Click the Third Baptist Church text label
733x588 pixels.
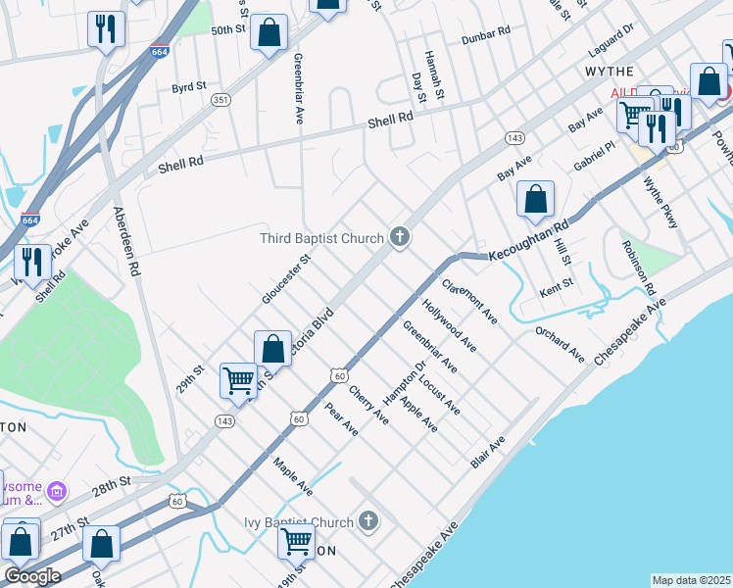[321, 238]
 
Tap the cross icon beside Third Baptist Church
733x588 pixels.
[399, 237]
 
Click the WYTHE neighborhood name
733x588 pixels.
[610, 72]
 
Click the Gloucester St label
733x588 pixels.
[285, 279]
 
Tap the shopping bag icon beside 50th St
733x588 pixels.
[269, 33]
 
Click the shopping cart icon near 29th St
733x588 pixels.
[239, 380]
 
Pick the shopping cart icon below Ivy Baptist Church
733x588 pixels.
[296, 540]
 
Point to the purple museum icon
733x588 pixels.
[57, 490]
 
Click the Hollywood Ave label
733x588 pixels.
[450, 326]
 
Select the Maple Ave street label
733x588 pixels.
[293, 476]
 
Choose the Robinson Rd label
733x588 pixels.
[636, 267]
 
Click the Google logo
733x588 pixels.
[32, 576]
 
